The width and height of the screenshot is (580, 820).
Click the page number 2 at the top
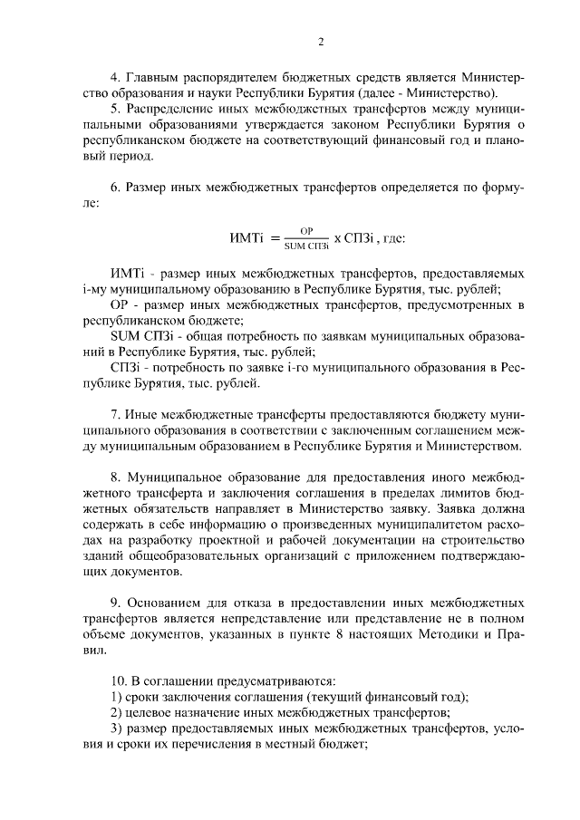pos(320,41)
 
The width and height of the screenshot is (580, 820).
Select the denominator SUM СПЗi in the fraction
pos(306,246)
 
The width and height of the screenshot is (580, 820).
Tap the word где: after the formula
pos(391,239)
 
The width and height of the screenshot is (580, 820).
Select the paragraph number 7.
pos(113,415)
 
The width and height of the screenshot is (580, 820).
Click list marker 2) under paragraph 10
pos(115,712)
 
